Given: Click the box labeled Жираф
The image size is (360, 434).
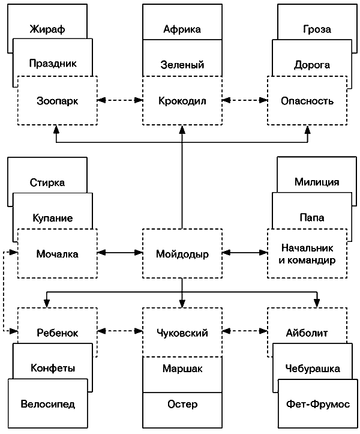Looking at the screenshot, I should click(47, 28).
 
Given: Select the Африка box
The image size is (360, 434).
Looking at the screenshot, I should click(182, 29).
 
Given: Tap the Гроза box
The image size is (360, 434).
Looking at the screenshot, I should click(317, 29).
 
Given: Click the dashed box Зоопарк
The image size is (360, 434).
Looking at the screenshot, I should click(57, 101).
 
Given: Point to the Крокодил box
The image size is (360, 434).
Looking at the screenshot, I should click(182, 101).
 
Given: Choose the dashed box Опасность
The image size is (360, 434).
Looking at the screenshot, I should click(307, 101).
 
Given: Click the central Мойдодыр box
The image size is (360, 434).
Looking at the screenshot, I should click(182, 254).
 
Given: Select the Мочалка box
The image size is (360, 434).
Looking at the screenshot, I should click(57, 254).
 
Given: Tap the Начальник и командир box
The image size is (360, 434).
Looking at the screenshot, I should click(307, 254).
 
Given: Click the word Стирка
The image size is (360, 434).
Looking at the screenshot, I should click(47, 182).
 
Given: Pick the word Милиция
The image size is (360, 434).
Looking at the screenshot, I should click(317, 182).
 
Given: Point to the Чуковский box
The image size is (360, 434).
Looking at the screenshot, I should click(182, 333).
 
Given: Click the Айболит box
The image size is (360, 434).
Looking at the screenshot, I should click(307, 333).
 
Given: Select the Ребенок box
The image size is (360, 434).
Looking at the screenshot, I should click(57, 333).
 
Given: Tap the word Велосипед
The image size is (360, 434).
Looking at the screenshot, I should click(47, 404).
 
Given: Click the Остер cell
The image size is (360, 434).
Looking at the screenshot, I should click(182, 404).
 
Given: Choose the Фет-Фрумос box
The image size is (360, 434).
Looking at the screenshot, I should click(317, 404).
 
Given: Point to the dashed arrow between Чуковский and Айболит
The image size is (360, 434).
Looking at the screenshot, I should click(245, 331).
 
